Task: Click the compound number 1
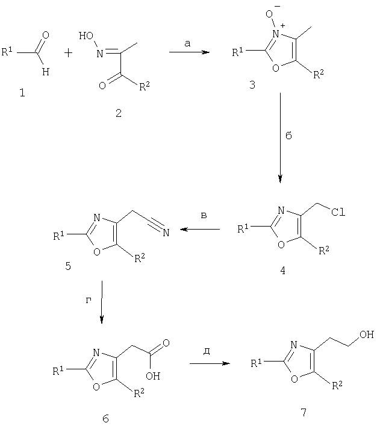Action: [x=22, y=93]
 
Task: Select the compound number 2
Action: [x=119, y=113]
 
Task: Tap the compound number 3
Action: [x=252, y=85]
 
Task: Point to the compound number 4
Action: [x=283, y=271]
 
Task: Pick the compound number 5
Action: [x=68, y=266]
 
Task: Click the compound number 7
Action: [x=304, y=412]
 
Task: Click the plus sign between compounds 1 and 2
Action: [x=69, y=53]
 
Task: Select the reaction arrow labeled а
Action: [x=190, y=52]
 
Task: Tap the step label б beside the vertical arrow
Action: [x=288, y=135]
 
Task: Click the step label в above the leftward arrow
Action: [x=204, y=216]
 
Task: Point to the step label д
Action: [x=207, y=351]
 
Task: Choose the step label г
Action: [x=89, y=300]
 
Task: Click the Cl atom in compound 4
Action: [x=338, y=212]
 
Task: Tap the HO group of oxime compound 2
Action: [x=86, y=36]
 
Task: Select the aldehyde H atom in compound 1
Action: [x=46, y=72]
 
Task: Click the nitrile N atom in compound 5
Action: [x=166, y=233]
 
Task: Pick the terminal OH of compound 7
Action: [x=367, y=334]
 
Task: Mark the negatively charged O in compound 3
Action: [x=269, y=14]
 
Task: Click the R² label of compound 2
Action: [x=145, y=86]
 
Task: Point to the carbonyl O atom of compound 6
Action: [x=166, y=343]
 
